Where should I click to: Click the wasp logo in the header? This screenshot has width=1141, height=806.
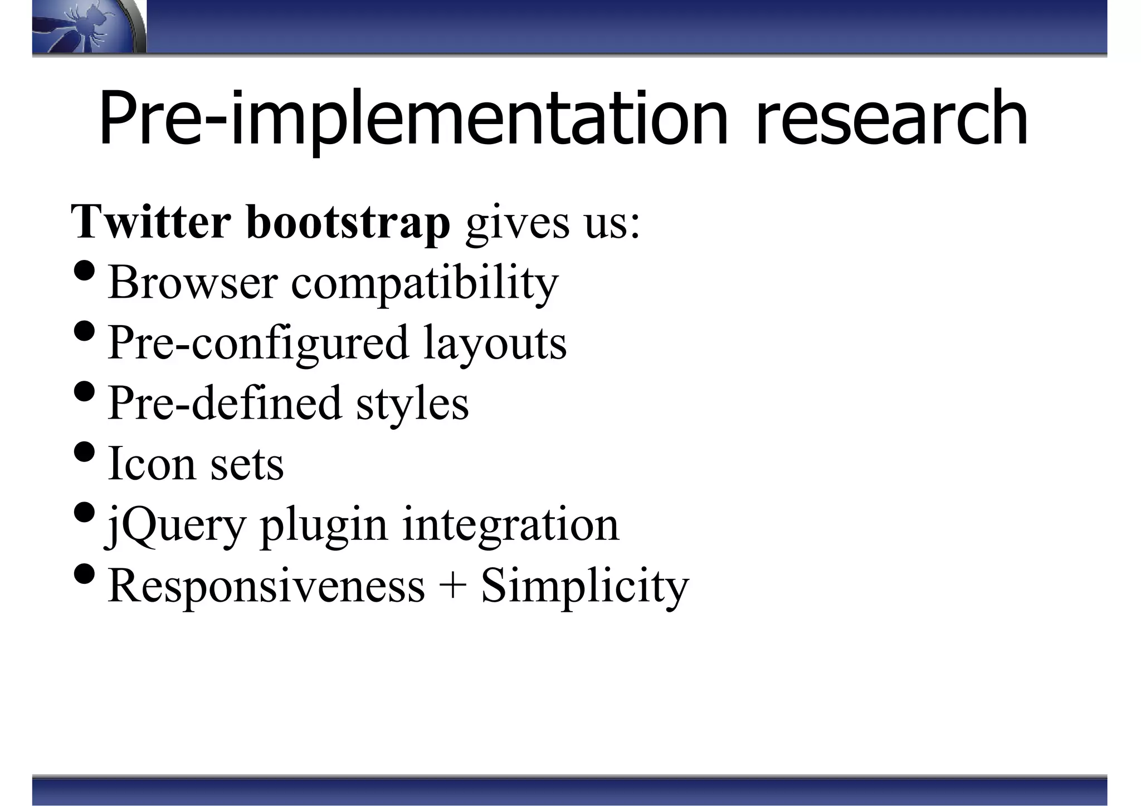pyautogui.click(x=86, y=27)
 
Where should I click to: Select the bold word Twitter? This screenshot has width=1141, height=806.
pyautogui.click(x=150, y=222)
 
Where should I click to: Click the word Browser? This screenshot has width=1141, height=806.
pyautogui.click(x=192, y=282)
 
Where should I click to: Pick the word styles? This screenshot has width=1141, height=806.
pyautogui.click(x=412, y=404)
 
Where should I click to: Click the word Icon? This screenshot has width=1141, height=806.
pyautogui.click(x=151, y=463)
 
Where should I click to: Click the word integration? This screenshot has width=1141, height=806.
pyautogui.click(x=510, y=524)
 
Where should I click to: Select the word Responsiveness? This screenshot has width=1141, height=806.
pyautogui.click(x=266, y=586)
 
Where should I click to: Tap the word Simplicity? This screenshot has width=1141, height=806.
pyautogui.click(x=585, y=587)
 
